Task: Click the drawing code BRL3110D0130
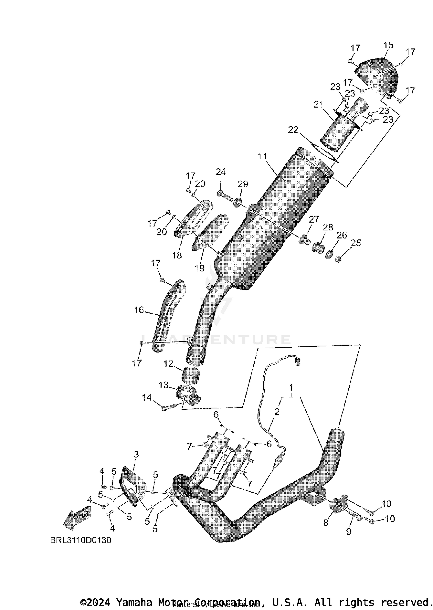click(x=81, y=540)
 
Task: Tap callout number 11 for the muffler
click(x=262, y=156)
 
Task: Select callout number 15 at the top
click(x=388, y=45)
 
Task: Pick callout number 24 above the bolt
click(x=221, y=172)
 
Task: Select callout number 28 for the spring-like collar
click(x=328, y=227)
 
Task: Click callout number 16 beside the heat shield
click(x=139, y=310)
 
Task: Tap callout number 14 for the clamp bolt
click(x=147, y=398)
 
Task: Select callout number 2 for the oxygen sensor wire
click(x=277, y=412)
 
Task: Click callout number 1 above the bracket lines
click(x=291, y=386)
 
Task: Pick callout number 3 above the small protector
click(x=136, y=455)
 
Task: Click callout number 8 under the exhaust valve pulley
click(x=326, y=523)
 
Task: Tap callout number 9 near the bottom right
click(x=348, y=531)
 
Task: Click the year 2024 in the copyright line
click(x=98, y=603)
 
